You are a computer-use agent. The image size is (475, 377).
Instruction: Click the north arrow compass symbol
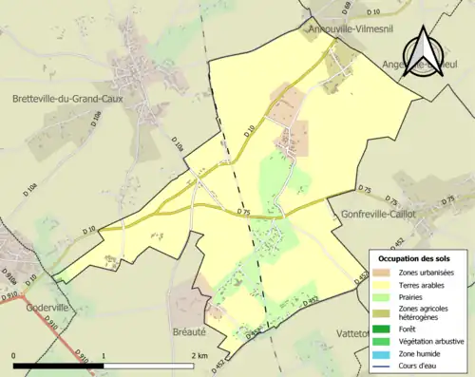(424, 52)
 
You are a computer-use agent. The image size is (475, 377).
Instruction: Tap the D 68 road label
(320, 9)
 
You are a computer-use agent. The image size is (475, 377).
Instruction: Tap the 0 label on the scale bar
(15, 355)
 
